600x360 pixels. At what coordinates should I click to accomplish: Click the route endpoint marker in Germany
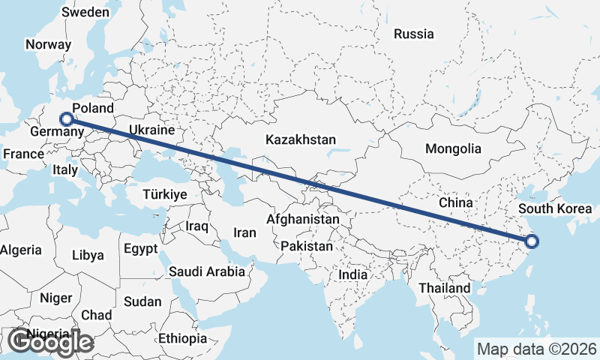point(67,118)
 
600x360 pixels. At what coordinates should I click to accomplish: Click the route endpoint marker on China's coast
point(532,241)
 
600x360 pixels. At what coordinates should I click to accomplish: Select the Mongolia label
point(453,148)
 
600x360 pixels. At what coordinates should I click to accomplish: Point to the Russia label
point(414,34)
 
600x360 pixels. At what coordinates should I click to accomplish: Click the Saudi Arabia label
point(207,271)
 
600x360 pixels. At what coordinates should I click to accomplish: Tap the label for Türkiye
point(165,194)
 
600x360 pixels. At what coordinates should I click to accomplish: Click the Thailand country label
point(445,287)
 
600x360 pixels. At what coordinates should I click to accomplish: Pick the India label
point(352,274)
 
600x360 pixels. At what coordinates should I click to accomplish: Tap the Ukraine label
point(151,130)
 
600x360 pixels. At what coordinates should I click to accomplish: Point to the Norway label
point(48,44)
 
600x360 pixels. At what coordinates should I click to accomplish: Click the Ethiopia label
point(182,338)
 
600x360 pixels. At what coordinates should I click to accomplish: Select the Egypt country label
point(141,248)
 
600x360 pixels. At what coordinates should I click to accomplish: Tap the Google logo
point(50,342)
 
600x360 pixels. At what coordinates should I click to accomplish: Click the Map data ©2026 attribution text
point(537,349)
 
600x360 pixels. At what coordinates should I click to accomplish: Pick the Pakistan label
point(307,246)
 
